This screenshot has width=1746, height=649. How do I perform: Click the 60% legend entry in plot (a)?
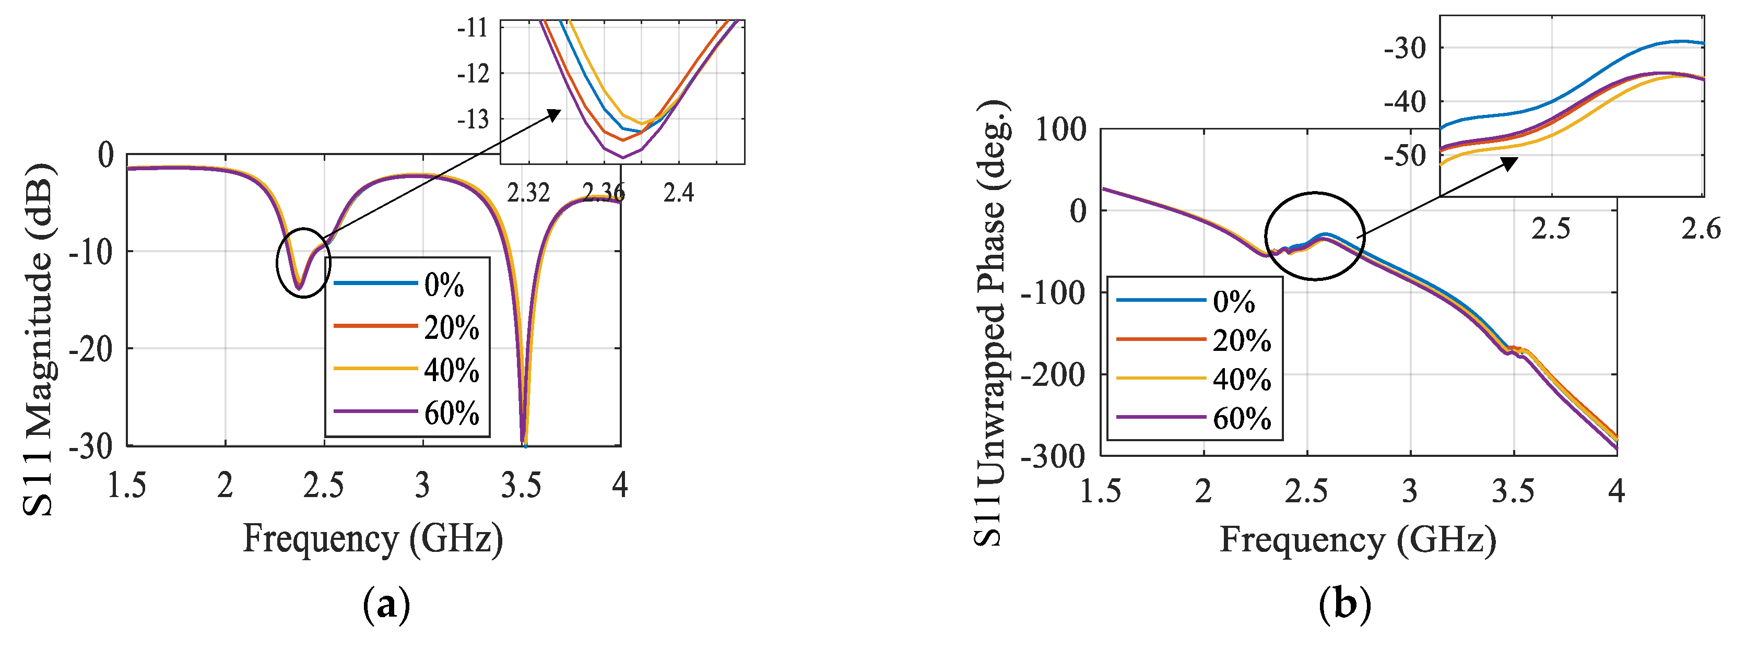tap(452, 412)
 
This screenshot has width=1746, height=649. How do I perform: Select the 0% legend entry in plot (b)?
tap(1234, 301)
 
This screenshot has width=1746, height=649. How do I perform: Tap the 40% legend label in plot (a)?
tap(452, 370)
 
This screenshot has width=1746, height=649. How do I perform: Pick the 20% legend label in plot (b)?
tap(1241, 340)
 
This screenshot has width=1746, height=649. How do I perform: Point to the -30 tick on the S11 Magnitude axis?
tap(91, 446)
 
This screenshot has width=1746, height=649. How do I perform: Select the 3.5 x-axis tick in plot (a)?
tap(521, 486)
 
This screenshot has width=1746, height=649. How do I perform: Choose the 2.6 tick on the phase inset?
tap(1701, 229)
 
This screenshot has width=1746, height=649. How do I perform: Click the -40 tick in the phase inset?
tap(1405, 103)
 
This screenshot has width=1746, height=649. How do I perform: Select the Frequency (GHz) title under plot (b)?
tap(1358, 540)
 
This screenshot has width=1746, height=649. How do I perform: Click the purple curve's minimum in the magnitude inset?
tap(623, 157)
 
